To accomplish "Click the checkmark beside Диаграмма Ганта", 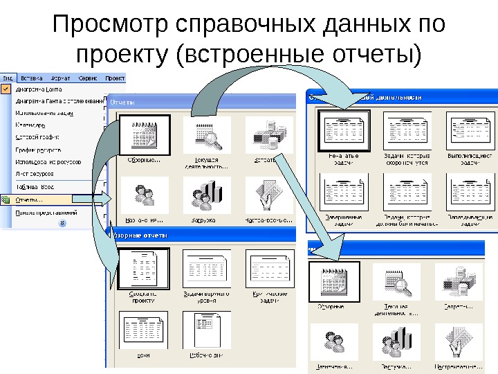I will [x=6, y=89].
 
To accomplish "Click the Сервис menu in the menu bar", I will [x=87, y=78].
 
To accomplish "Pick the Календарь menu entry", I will [x=31, y=125].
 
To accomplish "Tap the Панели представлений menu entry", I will [x=45, y=213].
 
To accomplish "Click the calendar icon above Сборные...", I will [x=145, y=134].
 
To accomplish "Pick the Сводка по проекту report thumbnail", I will [x=144, y=267].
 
